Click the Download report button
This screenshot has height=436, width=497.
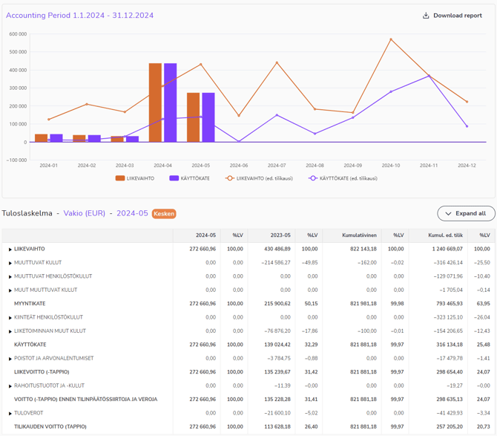point(452,16)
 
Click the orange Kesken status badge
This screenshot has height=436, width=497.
point(164,214)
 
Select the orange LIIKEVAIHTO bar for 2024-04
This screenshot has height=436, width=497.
point(155,103)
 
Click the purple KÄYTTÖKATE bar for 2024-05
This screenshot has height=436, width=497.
point(208,117)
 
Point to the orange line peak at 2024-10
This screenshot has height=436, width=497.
point(391,39)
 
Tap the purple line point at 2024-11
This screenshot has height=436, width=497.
point(429,76)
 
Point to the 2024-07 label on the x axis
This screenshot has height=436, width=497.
point(277,166)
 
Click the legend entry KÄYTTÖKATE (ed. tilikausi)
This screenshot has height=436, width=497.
point(343,178)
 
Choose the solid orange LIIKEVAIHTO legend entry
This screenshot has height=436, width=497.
point(135,178)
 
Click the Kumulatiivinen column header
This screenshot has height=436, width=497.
point(359,235)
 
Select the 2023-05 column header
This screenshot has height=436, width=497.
point(280,235)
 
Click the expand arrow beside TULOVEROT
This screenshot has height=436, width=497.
point(10,414)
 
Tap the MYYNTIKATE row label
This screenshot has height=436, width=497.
point(30,304)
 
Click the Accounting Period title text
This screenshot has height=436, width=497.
point(79,16)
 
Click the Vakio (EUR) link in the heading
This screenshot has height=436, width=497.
point(84,214)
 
